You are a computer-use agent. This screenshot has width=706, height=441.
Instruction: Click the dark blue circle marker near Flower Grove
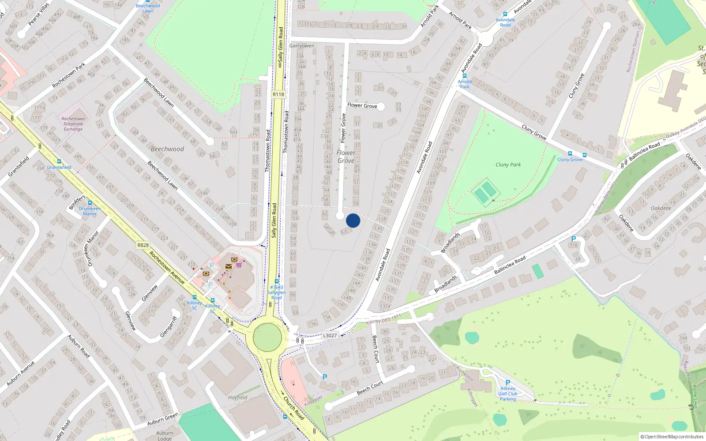[353, 220]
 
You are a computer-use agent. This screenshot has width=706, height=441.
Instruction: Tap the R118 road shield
[278, 94]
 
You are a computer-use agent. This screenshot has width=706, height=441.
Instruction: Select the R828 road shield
[143, 245]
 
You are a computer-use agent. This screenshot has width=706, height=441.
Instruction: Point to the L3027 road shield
[330, 336]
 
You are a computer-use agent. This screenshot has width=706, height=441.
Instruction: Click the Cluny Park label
[508, 164]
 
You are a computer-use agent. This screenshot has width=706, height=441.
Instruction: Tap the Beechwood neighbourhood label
[167, 149]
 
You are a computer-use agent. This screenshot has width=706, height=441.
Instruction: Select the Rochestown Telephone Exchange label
[73, 124]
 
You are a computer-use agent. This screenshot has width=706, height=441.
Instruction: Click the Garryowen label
[302, 46]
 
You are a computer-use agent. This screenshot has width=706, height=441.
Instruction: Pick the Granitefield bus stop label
[59, 167]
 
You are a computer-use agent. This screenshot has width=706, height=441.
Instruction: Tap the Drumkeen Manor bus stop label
[90, 211]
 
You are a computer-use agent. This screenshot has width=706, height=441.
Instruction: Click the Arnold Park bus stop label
[465, 84]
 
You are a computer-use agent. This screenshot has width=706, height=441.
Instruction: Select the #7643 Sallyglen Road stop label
[276, 292]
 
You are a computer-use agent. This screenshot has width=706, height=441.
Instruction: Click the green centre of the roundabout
[267, 337]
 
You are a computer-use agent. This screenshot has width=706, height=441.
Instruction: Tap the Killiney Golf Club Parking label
[508, 394]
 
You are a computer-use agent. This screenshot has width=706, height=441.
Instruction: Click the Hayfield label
[237, 397]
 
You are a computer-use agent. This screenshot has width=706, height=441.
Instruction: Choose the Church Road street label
[294, 408]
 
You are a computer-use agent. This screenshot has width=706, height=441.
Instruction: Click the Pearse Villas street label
[39, 15]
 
